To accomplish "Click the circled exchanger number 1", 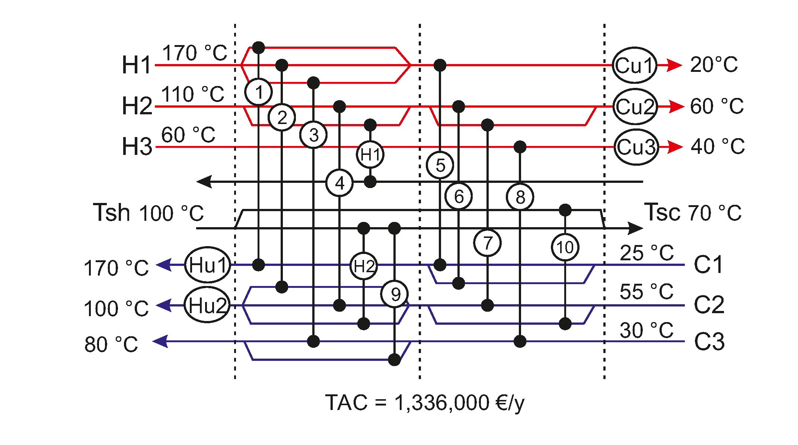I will (x=258, y=92).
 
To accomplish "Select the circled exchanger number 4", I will (x=339, y=183).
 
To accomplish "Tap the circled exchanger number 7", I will (x=487, y=243).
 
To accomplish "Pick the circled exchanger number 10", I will (x=565, y=247).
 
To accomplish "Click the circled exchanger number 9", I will (x=395, y=294).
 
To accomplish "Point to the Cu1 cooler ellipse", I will (x=635, y=65).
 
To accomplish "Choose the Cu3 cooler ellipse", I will (x=636, y=147).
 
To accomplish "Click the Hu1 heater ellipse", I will (x=207, y=265).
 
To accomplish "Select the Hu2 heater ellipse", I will (x=207, y=305).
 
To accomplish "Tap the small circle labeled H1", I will (x=370, y=154).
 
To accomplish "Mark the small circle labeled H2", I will (x=364, y=266).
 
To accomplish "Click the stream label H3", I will (x=137, y=146).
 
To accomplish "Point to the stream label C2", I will (x=709, y=305).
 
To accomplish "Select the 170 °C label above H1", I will (x=195, y=53).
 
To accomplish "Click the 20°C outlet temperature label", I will (x=714, y=65).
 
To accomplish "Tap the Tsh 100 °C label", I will (x=148, y=213).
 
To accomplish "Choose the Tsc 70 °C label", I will (x=693, y=213).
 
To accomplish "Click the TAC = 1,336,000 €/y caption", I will (x=425, y=403).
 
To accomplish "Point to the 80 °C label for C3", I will (x=111, y=344).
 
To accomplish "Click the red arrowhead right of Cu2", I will (x=676, y=107).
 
